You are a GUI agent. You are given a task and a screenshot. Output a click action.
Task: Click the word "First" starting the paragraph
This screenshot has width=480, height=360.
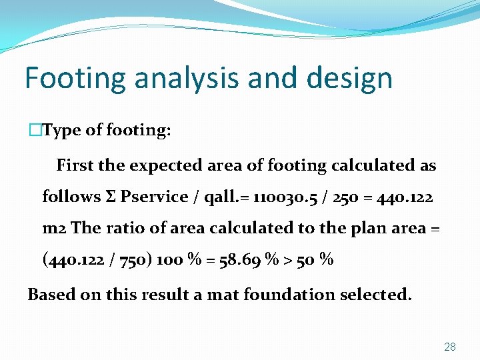[74, 165]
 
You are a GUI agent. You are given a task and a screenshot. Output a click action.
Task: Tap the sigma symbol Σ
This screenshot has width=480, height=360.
[111, 197]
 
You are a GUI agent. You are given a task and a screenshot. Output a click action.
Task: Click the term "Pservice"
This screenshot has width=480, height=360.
[155, 197]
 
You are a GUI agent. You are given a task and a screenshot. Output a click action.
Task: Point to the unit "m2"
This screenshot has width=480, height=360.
[54, 228]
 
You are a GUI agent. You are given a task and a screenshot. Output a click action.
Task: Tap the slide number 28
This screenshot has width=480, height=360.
[450, 347]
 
